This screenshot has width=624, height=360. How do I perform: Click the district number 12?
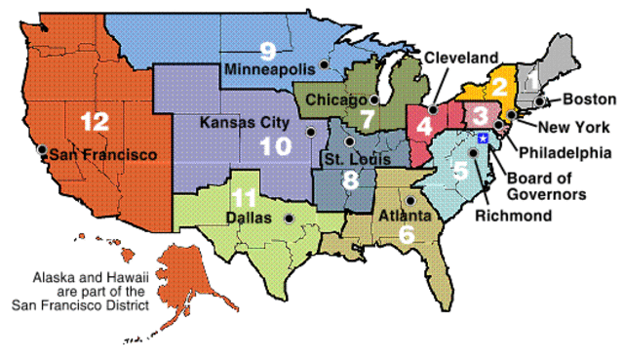(x=95, y=122)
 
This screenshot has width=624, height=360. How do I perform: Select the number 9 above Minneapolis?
(x=266, y=51)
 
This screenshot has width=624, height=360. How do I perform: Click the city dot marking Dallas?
(x=289, y=218)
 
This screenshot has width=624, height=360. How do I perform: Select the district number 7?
(x=366, y=120)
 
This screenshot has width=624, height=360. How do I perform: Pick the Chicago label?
(x=334, y=100)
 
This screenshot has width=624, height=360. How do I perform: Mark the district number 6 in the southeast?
(x=406, y=233)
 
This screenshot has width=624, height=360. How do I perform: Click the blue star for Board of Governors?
(x=481, y=142)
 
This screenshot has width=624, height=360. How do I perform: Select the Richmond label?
(x=513, y=216)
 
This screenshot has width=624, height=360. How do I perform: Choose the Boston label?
(x=589, y=100)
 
